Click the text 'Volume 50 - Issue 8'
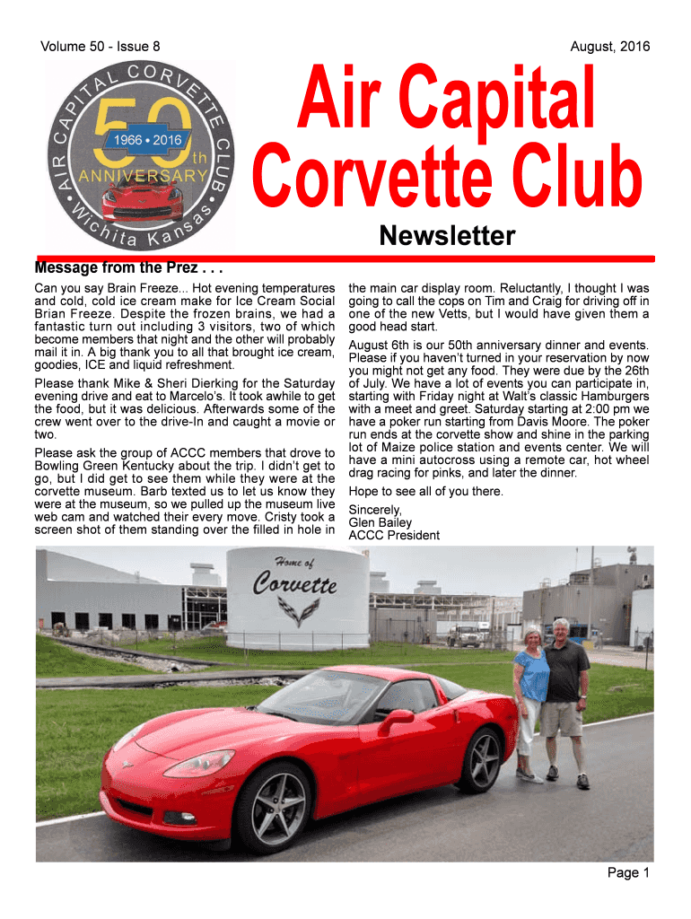tap(101, 46)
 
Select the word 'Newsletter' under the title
tap(447, 236)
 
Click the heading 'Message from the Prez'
tap(128, 267)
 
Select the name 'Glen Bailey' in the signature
tap(380, 522)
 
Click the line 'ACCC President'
tap(394, 535)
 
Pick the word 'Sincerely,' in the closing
tap(376, 510)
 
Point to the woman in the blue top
tap(529, 696)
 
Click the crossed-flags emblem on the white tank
tap(296, 612)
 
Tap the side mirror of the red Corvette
tap(396, 718)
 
